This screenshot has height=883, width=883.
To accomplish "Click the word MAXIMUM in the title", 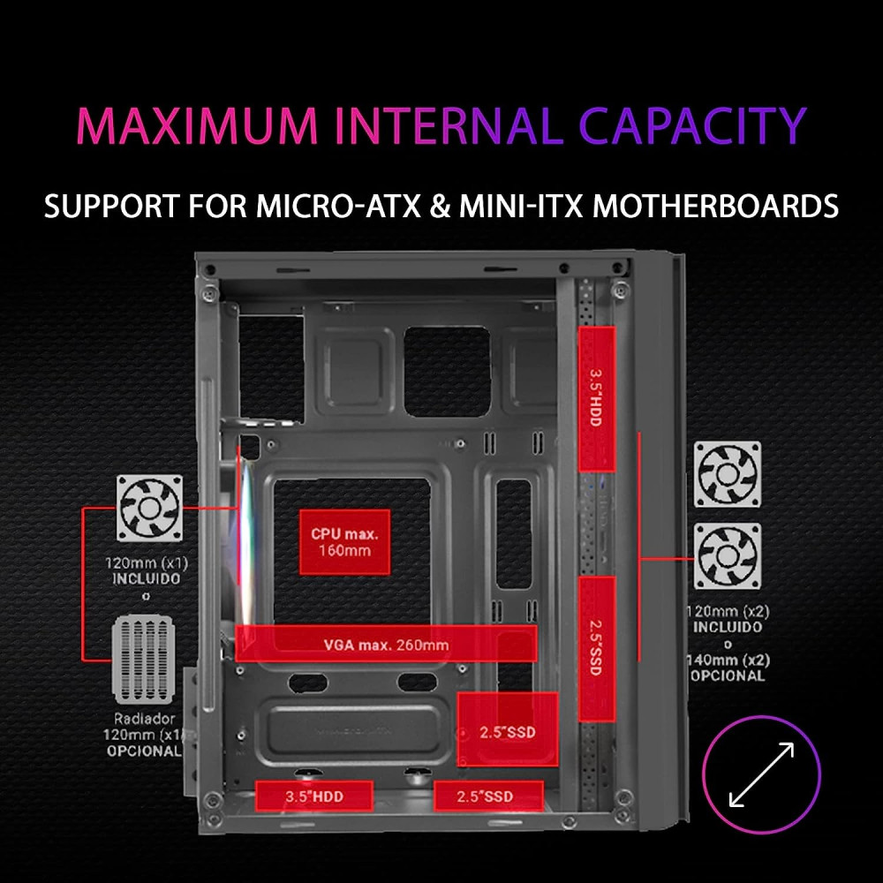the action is pos(197,125).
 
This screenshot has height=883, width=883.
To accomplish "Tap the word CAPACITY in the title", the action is pos(692,125).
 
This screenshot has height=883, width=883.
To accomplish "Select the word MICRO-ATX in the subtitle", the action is pos(338,206).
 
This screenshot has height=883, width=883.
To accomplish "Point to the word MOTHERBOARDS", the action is pos(715,206).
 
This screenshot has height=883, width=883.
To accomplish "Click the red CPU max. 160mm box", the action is pos(344,542).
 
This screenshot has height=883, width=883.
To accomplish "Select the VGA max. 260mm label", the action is pos(387,644).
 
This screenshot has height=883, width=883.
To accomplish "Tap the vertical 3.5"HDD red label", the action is pos(596,398).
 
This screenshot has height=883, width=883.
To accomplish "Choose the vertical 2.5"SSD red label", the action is pos(596,648).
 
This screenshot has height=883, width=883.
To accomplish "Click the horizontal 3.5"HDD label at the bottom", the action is pos(314,796).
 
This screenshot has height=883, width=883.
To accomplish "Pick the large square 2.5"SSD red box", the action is pos(508,729).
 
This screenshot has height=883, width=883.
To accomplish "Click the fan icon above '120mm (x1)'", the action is pos(149,508).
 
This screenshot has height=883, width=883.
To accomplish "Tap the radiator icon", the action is pos(144,660).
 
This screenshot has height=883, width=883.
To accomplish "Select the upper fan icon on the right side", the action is pos(728,474).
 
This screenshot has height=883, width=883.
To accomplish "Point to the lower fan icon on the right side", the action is pos(728,555).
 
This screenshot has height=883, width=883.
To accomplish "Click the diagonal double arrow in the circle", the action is pos(761,774).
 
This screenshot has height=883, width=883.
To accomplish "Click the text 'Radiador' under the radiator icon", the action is pos(144,719).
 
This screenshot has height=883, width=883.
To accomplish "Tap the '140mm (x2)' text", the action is pos(728,660).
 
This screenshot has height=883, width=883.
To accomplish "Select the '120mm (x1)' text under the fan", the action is pos(147,562).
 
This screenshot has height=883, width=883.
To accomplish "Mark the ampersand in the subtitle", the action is pos(440,206).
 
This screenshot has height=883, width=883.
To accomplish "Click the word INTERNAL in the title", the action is pos(449,125).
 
